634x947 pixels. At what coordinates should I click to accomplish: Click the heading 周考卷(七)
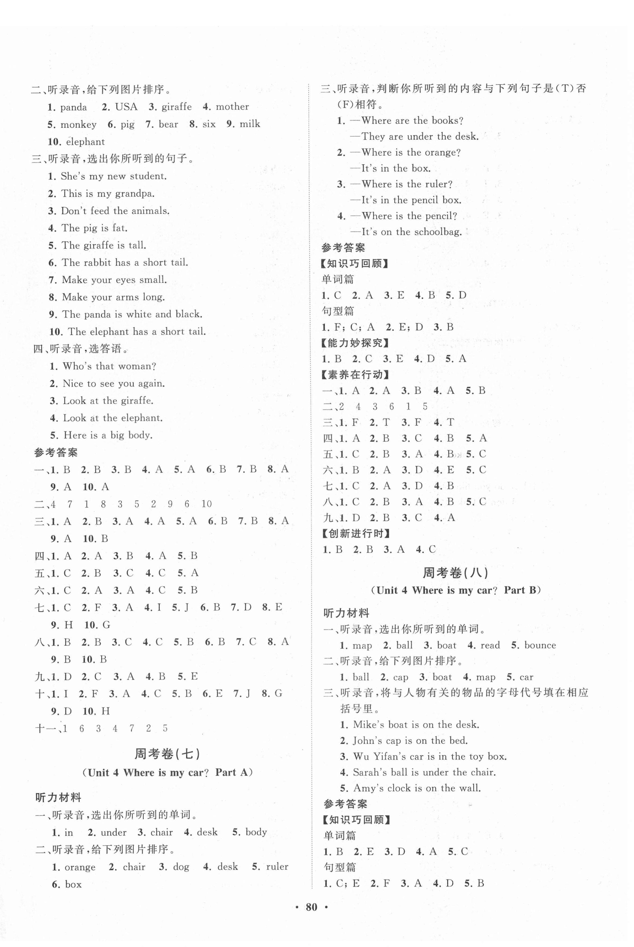(x=167, y=754)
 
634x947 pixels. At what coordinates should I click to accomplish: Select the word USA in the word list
(x=126, y=107)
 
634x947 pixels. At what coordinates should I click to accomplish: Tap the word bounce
(x=540, y=645)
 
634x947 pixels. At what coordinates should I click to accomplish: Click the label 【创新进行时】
(x=356, y=534)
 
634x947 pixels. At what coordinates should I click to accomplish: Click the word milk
(x=249, y=124)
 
